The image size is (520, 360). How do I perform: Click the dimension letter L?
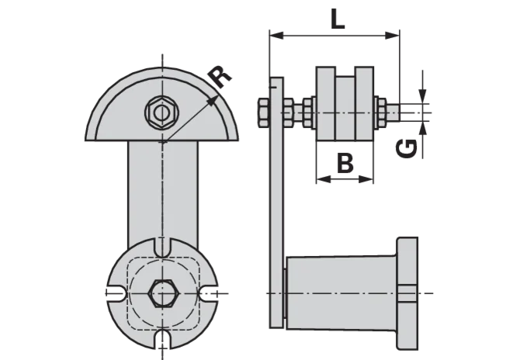(x=338, y=19)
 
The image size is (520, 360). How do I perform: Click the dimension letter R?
(x=221, y=77)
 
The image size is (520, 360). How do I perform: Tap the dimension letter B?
(x=345, y=163)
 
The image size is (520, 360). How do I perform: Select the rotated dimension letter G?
(x=407, y=148)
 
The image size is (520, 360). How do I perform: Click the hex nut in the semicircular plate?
(x=162, y=112)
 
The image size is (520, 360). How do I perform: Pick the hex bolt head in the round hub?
(x=162, y=293)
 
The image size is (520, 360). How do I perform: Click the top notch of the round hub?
(x=162, y=247)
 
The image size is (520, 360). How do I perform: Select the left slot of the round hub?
(x=116, y=294)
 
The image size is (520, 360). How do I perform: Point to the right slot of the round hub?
(x=209, y=294)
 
